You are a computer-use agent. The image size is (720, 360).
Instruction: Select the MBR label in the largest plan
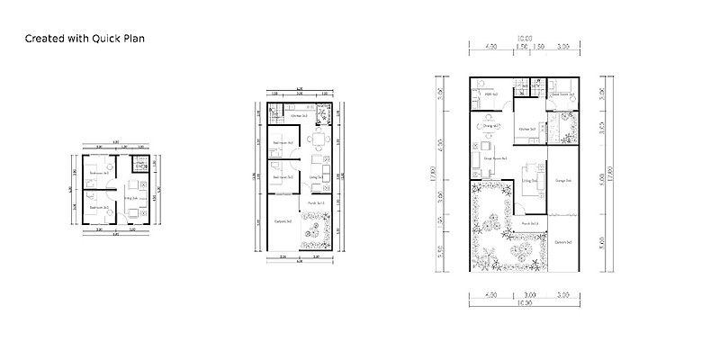tap(491, 94)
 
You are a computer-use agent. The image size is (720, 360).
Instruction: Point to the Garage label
tap(564, 181)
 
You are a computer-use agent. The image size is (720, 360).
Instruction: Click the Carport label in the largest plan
tap(564, 242)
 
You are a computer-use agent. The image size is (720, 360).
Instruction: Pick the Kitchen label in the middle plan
tap(299, 116)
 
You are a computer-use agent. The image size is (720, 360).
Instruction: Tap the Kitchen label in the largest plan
tap(527, 130)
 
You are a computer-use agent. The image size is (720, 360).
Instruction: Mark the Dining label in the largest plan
tap(490, 126)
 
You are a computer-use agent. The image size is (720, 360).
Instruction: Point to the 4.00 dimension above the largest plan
tap(491, 45)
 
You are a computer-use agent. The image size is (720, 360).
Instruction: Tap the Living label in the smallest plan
tap(130, 197)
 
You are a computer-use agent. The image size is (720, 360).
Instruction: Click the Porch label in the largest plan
tap(529, 223)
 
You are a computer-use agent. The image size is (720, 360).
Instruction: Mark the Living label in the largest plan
tap(528, 181)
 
